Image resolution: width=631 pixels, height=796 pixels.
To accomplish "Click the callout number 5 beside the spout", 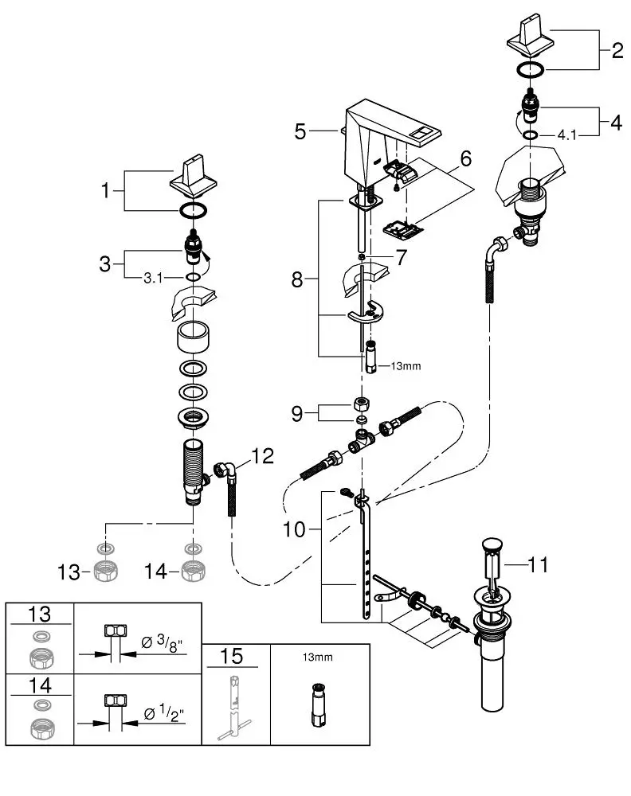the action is (x=300, y=131).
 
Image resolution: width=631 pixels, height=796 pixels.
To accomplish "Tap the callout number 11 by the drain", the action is (x=539, y=564).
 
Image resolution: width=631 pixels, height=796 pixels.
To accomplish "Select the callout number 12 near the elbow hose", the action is (x=263, y=456).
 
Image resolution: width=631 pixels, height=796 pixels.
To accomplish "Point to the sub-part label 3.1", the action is (x=153, y=278).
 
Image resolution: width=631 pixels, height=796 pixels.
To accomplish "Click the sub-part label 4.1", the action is (x=567, y=135).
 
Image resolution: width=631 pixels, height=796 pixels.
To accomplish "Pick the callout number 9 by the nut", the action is (x=297, y=414).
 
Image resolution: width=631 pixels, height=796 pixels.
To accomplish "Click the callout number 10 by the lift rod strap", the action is (x=294, y=529).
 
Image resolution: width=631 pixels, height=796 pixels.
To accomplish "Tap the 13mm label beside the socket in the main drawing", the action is (x=406, y=365).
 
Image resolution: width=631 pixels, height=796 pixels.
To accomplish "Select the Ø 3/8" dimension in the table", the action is (x=162, y=642).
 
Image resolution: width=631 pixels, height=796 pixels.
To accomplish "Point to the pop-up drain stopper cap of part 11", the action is (x=492, y=546).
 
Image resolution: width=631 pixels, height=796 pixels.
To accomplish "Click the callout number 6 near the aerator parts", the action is (x=466, y=158).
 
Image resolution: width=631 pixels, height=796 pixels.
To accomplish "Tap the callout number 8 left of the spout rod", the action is (x=297, y=279).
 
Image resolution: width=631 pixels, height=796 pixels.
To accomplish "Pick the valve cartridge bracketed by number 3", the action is (x=194, y=246).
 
